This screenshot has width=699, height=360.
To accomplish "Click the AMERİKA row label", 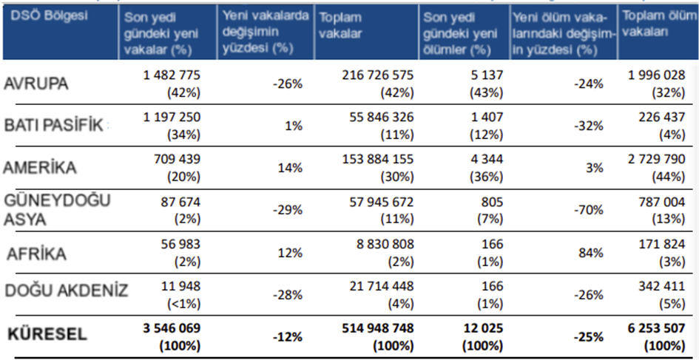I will tap(40, 168).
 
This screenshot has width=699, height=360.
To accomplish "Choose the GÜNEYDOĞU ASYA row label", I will tap(50, 209).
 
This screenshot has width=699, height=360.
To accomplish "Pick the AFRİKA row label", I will tap(37, 254).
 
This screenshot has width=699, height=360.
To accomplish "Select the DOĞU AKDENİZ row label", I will tap(67, 291).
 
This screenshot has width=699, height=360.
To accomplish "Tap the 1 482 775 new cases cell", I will tap(172, 75).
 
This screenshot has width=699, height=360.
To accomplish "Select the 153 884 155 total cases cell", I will tap(378, 160).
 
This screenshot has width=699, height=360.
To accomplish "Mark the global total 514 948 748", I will tap(378, 327).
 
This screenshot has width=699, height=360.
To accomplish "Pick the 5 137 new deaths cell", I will tap(487, 75).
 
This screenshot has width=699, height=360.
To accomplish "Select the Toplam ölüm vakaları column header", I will tap(651, 25).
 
